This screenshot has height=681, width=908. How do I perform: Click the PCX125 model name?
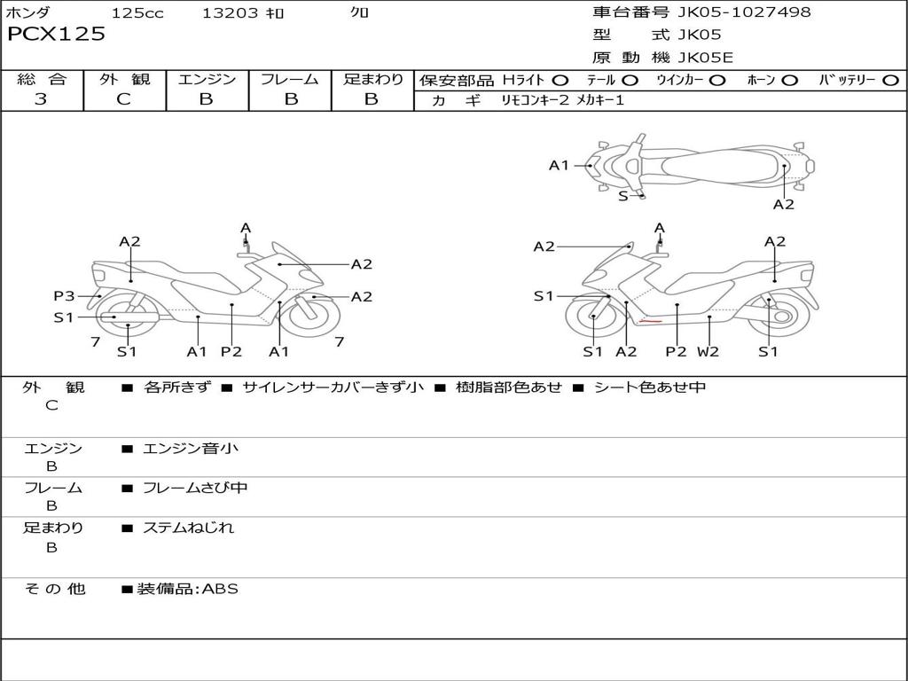56,35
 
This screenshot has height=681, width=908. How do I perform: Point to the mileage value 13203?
230,13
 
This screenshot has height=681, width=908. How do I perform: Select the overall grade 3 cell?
41,99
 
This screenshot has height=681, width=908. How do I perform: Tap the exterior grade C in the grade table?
123,99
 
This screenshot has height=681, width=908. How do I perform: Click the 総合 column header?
41,80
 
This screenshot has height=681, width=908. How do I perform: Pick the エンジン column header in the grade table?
207,80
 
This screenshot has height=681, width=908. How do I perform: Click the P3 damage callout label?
64,296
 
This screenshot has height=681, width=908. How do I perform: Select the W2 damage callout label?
708,351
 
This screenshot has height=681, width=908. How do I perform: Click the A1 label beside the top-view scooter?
559,165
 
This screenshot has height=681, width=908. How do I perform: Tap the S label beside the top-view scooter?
623,196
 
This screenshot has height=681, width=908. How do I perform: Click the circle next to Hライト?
560,81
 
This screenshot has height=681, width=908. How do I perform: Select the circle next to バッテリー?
890,81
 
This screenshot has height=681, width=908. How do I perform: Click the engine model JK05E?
706,59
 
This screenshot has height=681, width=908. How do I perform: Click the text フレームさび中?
195,488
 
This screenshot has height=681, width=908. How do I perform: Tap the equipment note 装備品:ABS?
187,589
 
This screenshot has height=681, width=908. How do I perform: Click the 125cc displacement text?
137,13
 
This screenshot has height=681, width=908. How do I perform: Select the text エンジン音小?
191,449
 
